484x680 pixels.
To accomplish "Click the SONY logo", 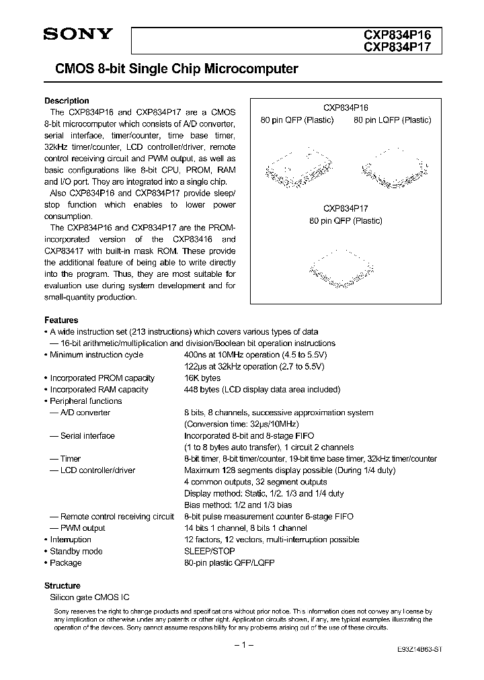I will (78, 36).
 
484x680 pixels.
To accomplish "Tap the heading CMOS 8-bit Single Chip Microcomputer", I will (171, 69).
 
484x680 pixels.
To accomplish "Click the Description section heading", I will (67, 101).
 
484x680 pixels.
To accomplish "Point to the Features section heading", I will (61, 320).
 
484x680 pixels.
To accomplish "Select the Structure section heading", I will (63, 585).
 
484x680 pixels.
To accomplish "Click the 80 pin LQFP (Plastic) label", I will (393, 120).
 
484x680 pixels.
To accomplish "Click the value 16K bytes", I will (202, 378).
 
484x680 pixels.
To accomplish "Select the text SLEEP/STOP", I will (210, 551).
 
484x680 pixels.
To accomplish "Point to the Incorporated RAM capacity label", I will (99, 389).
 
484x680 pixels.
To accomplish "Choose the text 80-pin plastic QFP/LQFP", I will (229, 562).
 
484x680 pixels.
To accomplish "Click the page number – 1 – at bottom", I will (242, 646).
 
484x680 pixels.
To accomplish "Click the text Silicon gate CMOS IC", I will (90, 597).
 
